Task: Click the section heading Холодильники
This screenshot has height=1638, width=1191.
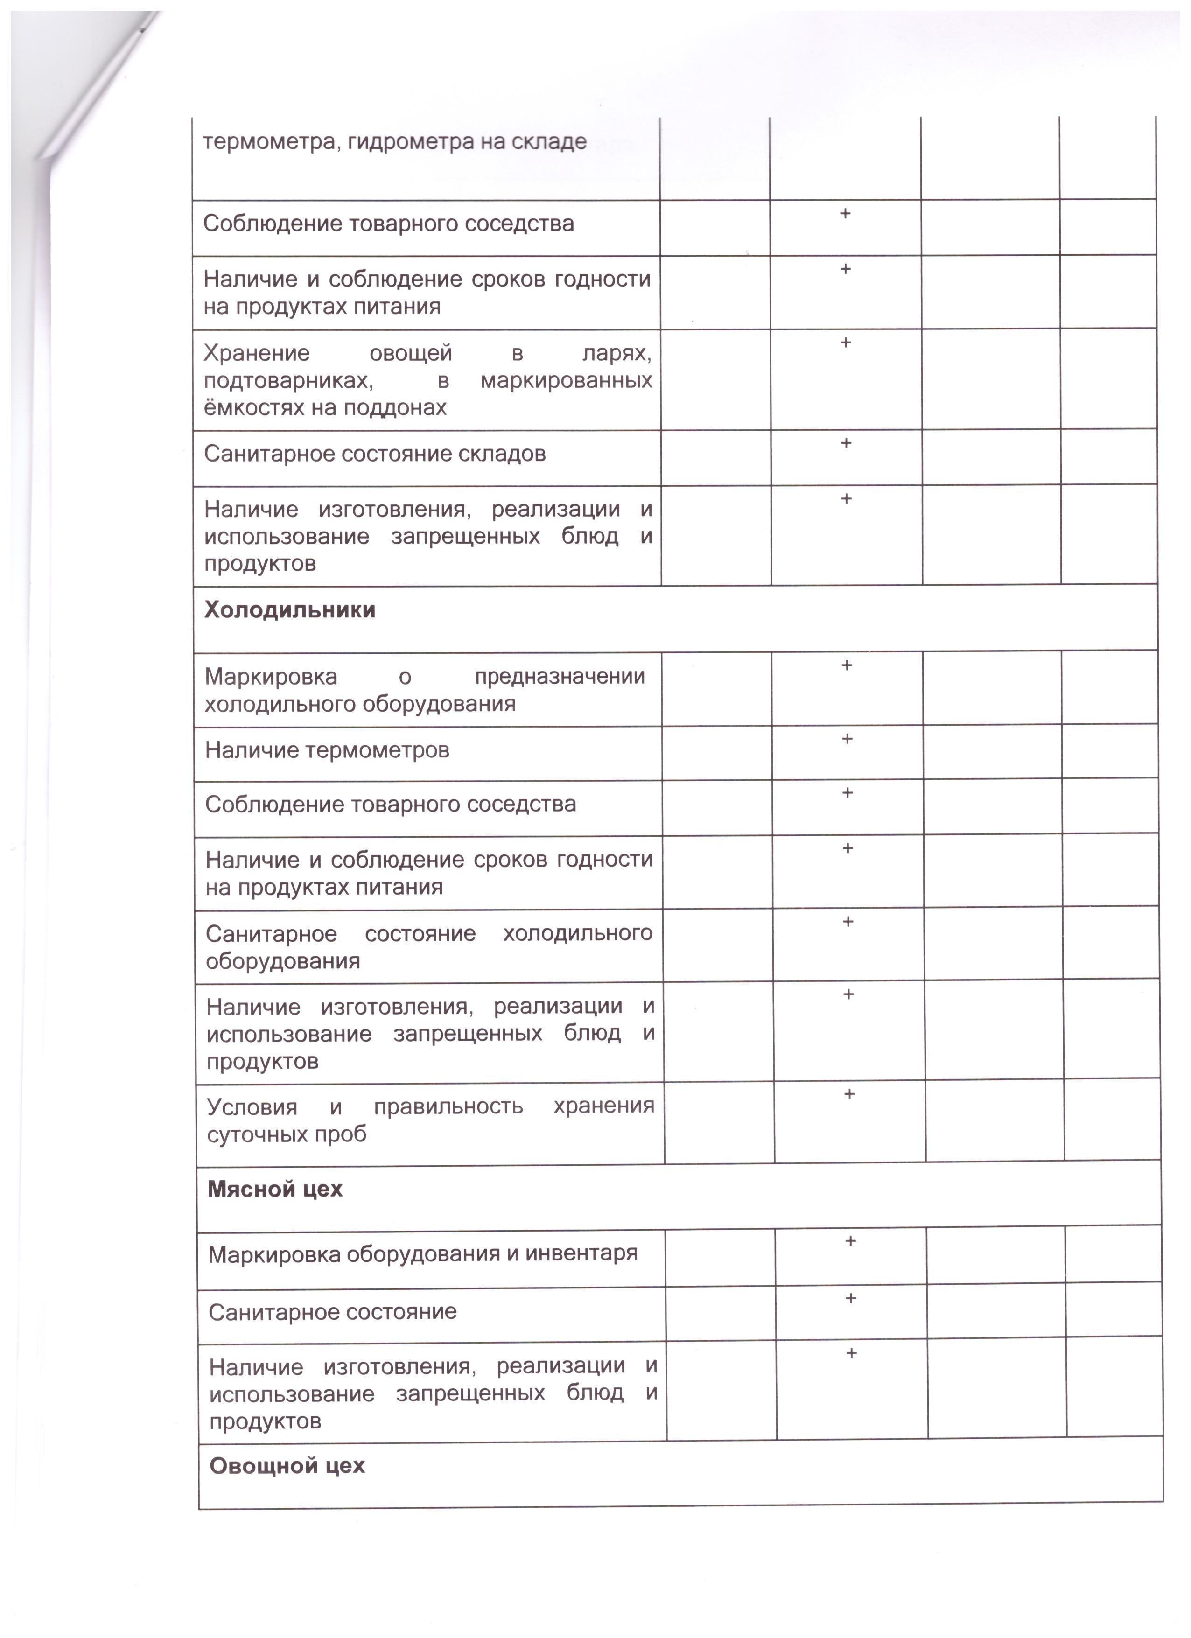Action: point(290,610)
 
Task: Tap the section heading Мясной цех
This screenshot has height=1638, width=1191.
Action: point(275,1190)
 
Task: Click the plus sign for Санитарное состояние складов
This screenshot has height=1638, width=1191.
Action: point(846,443)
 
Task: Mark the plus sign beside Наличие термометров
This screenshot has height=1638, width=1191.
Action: point(847,739)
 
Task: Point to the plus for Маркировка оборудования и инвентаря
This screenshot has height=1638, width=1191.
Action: point(850,1241)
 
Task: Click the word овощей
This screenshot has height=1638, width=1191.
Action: point(411,353)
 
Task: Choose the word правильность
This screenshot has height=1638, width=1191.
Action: point(448,1106)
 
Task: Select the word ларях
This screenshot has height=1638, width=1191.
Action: point(616,353)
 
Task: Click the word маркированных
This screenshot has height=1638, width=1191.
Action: point(566,381)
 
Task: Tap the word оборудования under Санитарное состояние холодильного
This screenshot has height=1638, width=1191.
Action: point(282,961)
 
